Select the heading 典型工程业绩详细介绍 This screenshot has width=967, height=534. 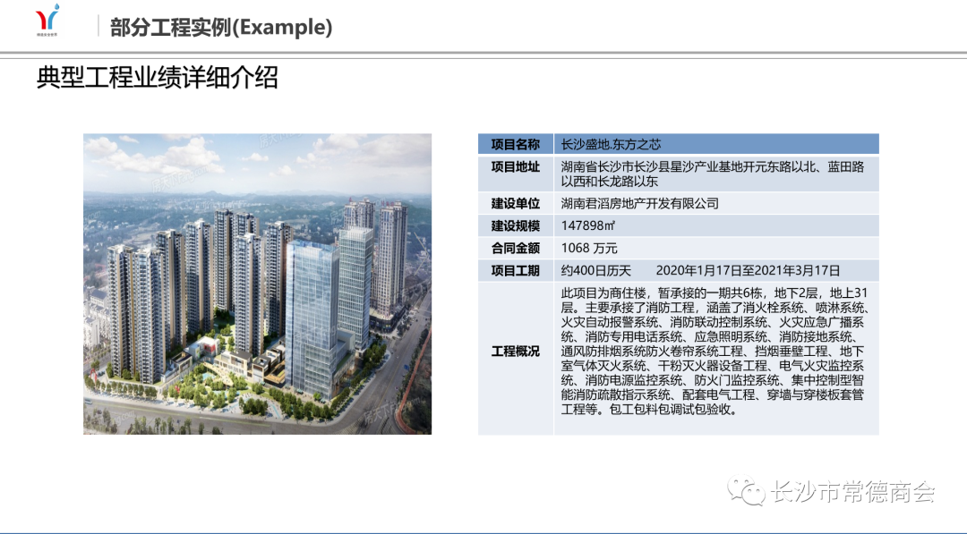[x=158, y=78]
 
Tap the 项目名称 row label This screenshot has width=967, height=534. [x=516, y=144]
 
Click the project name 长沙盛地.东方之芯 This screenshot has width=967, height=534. [x=611, y=144]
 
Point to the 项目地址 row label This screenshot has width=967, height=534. [x=516, y=166]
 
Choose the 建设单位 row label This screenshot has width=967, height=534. [x=516, y=203]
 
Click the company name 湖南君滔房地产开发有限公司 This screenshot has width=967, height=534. [x=639, y=203]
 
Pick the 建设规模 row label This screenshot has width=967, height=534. [x=516, y=225]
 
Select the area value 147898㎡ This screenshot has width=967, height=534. [x=587, y=225]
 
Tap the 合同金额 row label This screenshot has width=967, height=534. [x=516, y=248]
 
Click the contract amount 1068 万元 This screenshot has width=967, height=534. [x=589, y=248]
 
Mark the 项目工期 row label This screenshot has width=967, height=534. [x=516, y=270]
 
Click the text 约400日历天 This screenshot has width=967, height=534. [x=595, y=270]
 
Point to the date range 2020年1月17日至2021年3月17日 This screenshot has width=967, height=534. [x=748, y=270]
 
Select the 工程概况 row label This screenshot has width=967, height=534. [x=516, y=351]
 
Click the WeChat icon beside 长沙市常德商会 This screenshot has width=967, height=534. [x=746, y=490]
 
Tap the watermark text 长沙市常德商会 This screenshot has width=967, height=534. [x=853, y=491]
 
